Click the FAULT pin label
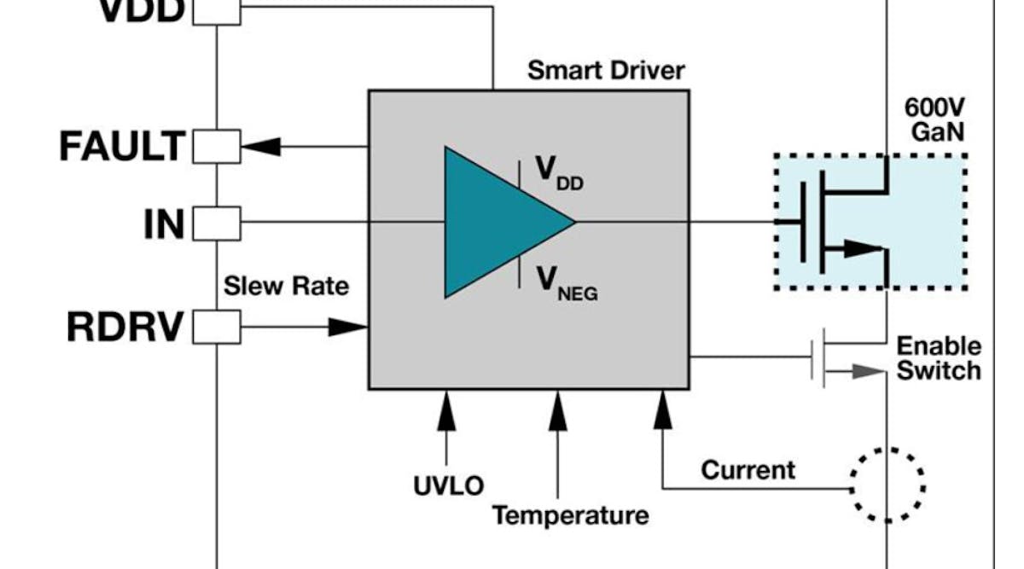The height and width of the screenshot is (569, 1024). click(121, 147)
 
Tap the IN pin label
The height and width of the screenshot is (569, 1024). click(163, 224)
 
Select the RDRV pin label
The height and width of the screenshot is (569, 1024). click(125, 327)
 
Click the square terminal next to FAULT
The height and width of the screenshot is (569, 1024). click(217, 147)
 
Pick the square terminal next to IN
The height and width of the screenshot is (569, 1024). click(217, 224)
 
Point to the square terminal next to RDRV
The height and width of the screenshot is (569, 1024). click(217, 327)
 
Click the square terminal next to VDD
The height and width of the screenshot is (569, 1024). click(217, 11)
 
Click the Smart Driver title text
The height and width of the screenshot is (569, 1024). click(605, 70)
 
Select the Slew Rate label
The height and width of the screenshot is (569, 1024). click(286, 286)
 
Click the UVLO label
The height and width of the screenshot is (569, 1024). click(448, 486)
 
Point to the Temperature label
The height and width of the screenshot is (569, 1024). click(570, 515)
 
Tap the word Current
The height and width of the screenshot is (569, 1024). click(748, 469)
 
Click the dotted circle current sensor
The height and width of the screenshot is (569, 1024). click(888, 485)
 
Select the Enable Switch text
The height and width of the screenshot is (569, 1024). click(939, 358)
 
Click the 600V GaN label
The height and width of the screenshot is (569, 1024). click(936, 122)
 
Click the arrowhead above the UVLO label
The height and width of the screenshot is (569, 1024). click(445, 411)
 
